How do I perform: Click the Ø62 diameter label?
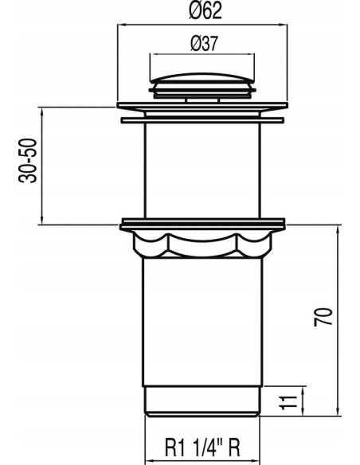(205, 10)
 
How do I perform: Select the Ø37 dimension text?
(204, 44)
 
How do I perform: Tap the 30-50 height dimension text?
(28, 160)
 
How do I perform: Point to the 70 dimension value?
(323, 318)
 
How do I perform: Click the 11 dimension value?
(288, 402)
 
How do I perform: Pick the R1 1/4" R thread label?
(202, 447)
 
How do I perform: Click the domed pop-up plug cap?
(202, 78)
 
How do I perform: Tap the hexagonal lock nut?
(202, 244)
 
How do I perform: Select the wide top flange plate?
(202, 106)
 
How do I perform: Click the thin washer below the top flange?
(202, 120)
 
